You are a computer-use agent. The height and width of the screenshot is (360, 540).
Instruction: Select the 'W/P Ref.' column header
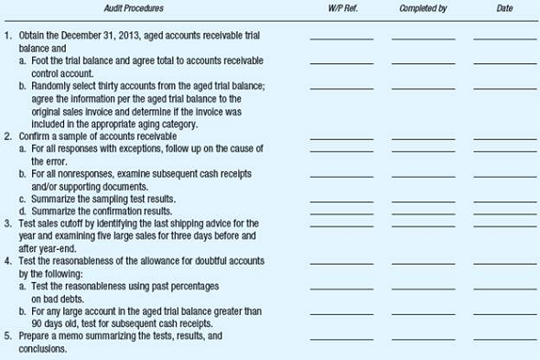341,8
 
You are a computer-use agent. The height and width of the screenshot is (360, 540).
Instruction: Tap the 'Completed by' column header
423,8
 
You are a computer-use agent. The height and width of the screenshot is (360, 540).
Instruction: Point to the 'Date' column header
505,8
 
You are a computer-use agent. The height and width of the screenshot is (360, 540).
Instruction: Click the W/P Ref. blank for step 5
341,339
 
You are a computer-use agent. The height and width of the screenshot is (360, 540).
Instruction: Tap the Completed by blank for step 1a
423,63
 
